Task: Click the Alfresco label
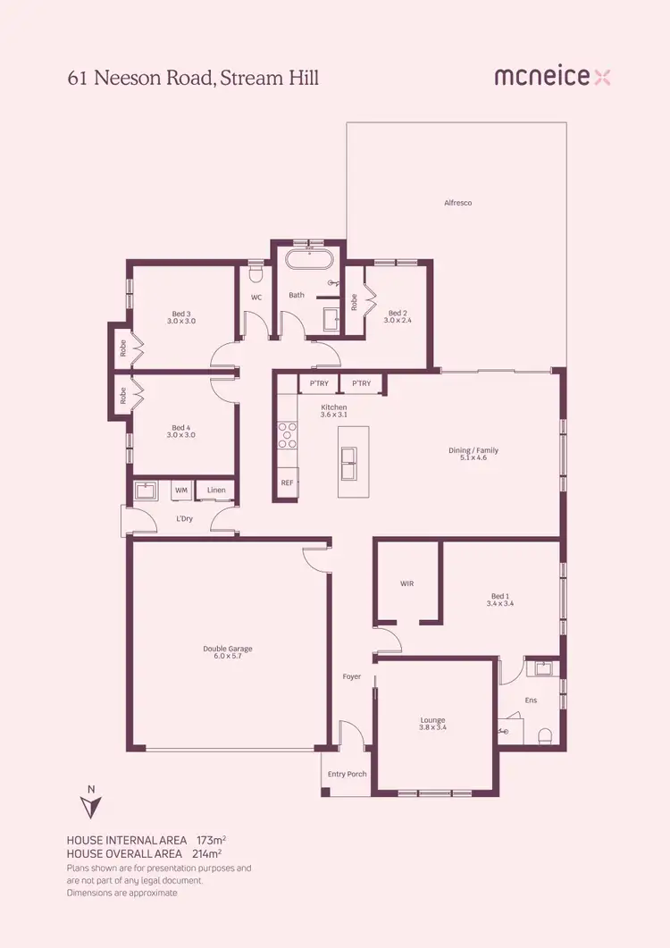(457, 203)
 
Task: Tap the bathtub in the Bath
(309, 262)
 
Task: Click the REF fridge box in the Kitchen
(287, 482)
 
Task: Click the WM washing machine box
(181, 490)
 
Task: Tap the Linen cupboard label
(216, 490)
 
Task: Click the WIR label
(406, 583)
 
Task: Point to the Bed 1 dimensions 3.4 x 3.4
(500, 604)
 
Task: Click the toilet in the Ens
(544, 734)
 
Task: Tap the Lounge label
(432, 720)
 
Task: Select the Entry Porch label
(348, 774)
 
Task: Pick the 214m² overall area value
(206, 853)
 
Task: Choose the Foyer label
(352, 676)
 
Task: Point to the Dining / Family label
(473, 450)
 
